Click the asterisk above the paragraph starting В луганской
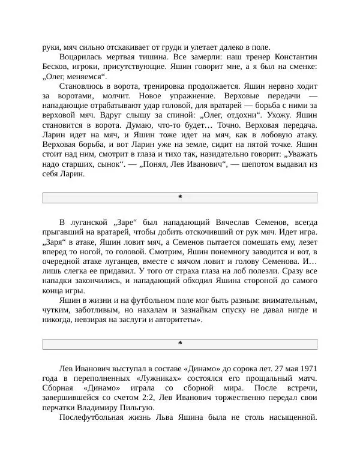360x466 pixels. pyautogui.click(x=180, y=197)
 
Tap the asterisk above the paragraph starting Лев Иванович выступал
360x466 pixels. pyautogui.click(x=180, y=343)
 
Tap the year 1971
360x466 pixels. pyautogui.click(x=307, y=368)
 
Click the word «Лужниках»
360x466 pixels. pyautogui.click(x=149, y=378)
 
